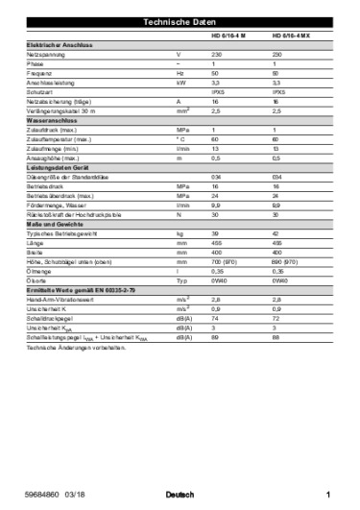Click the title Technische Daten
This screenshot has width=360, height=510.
coord(180,21)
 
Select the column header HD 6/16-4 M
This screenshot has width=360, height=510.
coord(228,36)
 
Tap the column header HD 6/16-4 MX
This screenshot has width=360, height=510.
coord(289,36)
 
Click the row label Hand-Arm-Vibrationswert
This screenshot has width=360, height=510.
coord(60,299)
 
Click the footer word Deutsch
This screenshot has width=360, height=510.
coord(180,496)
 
